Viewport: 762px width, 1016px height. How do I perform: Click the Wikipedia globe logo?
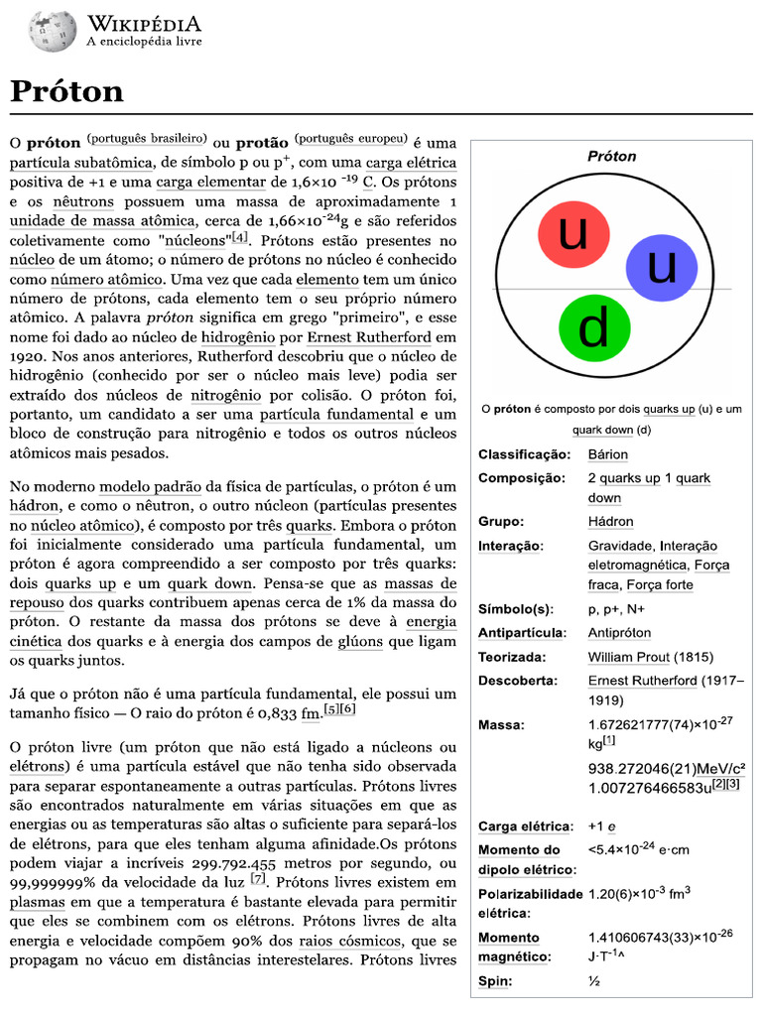click(53, 32)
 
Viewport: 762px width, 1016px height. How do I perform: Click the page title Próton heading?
click(67, 91)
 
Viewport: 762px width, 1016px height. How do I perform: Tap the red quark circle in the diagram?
click(572, 234)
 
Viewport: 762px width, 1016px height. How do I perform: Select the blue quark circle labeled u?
click(662, 267)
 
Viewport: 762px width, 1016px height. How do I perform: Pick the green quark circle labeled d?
click(593, 327)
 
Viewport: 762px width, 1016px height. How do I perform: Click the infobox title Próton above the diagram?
click(611, 156)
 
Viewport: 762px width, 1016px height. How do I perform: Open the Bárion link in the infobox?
click(607, 454)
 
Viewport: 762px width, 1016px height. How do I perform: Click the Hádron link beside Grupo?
click(610, 522)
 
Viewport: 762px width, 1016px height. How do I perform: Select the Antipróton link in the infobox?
click(619, 633)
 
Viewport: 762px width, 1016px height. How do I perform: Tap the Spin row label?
click(495, 981)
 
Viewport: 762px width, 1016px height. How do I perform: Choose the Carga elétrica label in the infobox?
click(525, 826)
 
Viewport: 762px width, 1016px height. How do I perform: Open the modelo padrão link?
click(151, 487)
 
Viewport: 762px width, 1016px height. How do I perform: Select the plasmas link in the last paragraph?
click(37, 903)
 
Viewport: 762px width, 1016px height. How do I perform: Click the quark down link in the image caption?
click(602, 430)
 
